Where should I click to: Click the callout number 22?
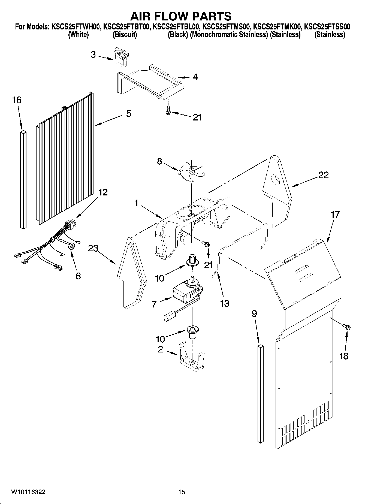coord(323,175)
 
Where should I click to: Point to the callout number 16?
coord(17,100)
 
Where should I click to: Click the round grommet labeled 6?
coord(72,246)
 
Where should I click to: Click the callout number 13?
coord(225,303)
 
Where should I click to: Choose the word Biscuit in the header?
coord(125,35)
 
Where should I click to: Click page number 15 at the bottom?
coord(182,492)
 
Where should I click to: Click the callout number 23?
coord(93,248)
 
